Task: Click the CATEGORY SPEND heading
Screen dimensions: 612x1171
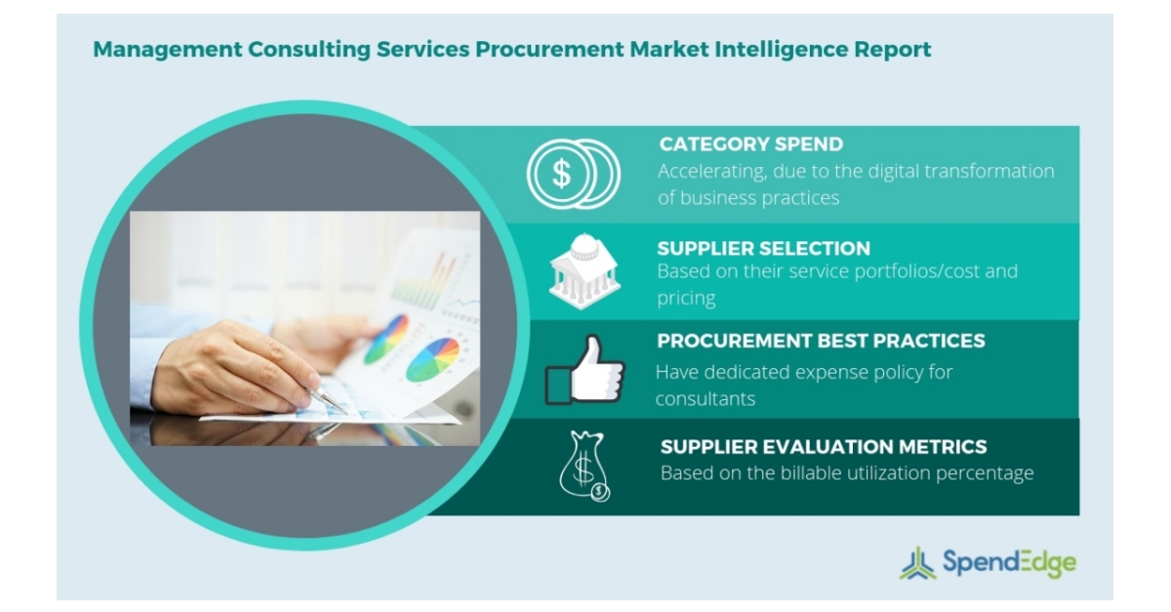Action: coord(750,144)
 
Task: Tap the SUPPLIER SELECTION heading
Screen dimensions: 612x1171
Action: coord(763,248)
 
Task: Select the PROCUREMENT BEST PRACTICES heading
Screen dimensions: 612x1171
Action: coord(821,341)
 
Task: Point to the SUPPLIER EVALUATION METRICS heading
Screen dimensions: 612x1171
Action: coord(824,447)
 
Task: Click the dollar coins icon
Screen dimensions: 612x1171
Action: coord(572,174)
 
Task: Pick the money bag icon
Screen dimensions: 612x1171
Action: coord(585,467)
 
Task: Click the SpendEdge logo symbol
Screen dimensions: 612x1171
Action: coord(918,562)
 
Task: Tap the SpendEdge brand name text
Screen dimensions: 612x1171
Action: coord(1009,562)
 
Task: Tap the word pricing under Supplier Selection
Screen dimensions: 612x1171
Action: coord(687,298)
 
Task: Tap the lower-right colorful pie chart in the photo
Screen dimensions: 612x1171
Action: coord(431,359)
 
